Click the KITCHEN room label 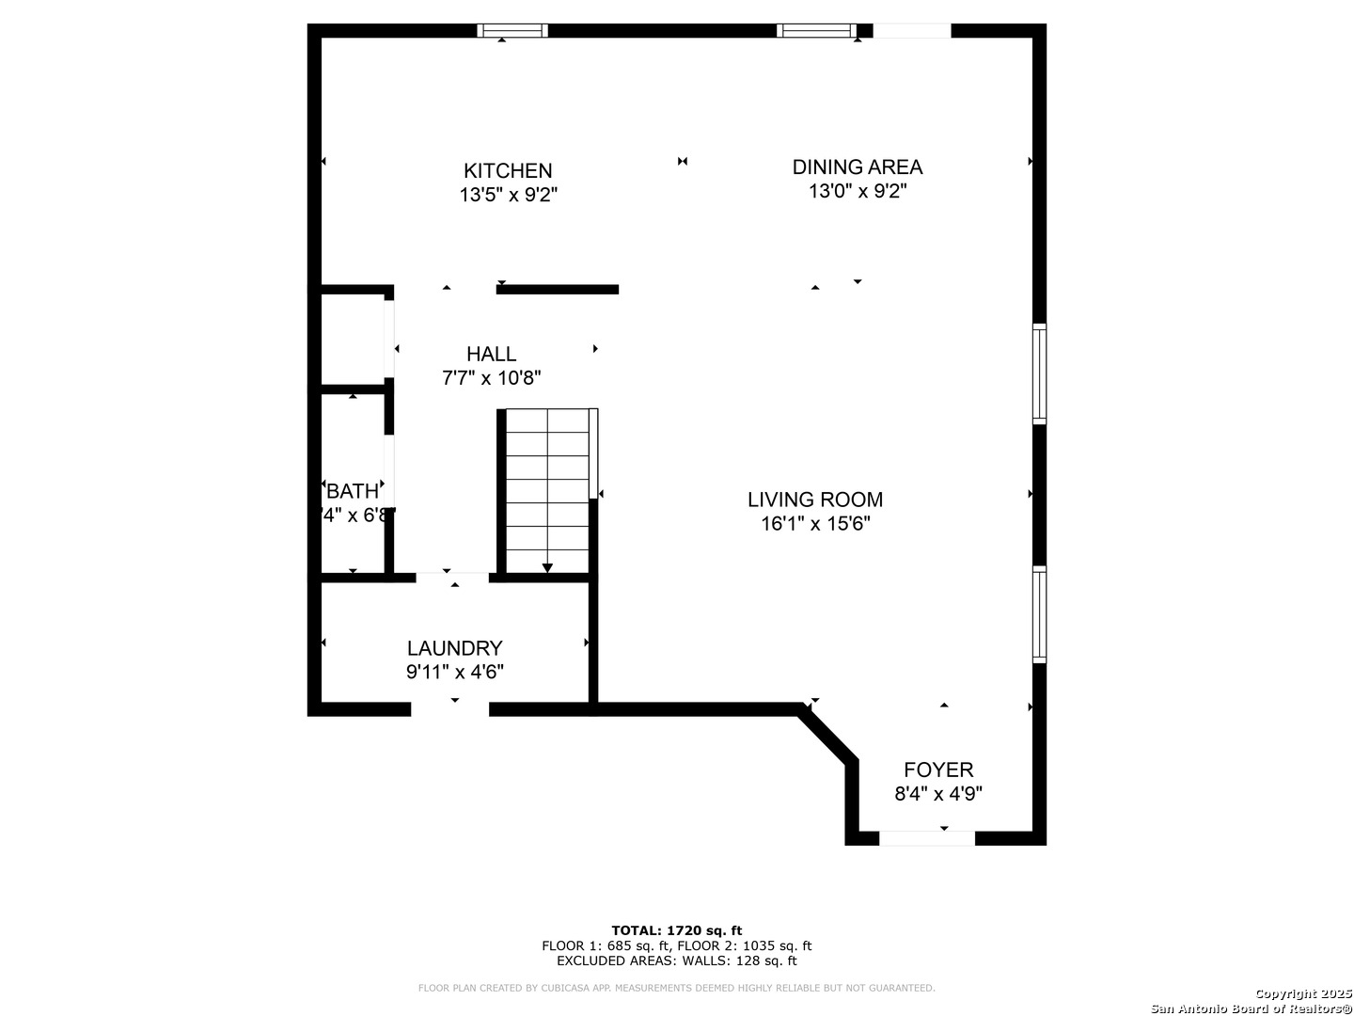(x=508, y=171)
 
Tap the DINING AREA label (x=857, y=167)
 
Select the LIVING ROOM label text (x=815, y=500)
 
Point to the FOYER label (x=938, y=770)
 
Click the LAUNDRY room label (x=454, y=648)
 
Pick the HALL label (x=491, y=354)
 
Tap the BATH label (x=353, y=491)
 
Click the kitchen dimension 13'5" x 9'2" (x=509, y=196)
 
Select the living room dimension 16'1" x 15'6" (x=815, y=524)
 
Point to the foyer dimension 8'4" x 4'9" (x=938, y=794)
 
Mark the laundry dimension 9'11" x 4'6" (x=454, y=673)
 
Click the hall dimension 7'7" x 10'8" (x=491, y=378)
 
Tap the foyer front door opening (x=927, y=838)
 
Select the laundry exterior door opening (x=450, y=709)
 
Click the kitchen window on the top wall (x=512, y=31)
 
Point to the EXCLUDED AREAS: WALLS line (x=676, y=960)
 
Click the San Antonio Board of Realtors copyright (x=1251, y=1008)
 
